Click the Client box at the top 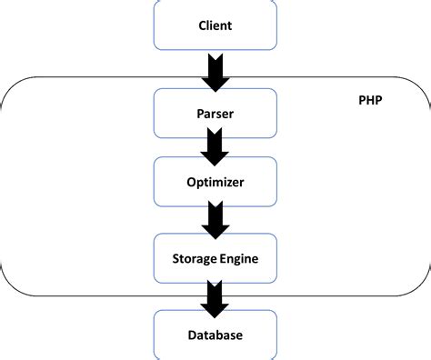point(215,25)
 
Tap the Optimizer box point(215,182)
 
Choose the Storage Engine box point(215,258)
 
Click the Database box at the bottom point(215,335)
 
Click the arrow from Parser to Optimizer point(215,142)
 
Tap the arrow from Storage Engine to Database point(215,296)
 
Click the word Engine point(239,259)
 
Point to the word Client point(215,25)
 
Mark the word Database point(215,335)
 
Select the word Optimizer point(215,182)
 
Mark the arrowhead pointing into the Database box point(215,305)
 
